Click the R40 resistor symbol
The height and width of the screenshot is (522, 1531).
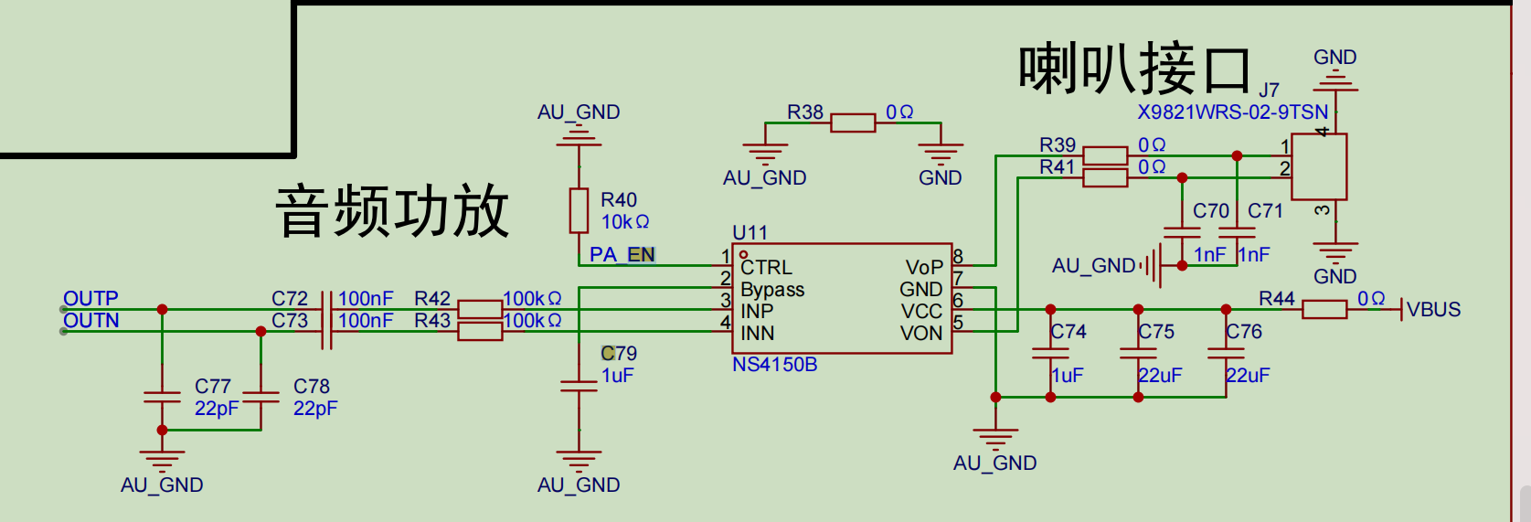[x=579, y=210]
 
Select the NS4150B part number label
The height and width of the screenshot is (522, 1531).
[x=774, y=365]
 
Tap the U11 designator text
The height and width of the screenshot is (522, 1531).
[x=750, y=232]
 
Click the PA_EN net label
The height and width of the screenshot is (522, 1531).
[x=622, y=254]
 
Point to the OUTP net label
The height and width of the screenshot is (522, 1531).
[x=90, y=298]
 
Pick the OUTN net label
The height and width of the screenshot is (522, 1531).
[x=91, y=320]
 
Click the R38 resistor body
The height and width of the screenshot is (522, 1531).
[x=853, y=123]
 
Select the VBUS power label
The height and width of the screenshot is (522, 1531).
[x=1433, y=309]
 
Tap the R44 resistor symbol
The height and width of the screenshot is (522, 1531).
[x=1324, y=309]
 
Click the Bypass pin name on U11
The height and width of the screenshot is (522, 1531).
[x=772, y=289]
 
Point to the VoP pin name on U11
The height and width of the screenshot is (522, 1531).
[x=923, y=267]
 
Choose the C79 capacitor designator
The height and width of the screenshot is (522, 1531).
[x=619, y=353]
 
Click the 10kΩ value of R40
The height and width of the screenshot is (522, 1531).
[x=624, y=221]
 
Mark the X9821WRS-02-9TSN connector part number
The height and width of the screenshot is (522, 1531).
[x=1232, y=112]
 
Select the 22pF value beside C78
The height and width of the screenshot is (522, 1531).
[x=315, y=408]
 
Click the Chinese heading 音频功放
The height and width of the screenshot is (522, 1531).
[x=392, y=210]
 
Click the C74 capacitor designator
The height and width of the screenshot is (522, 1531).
[x=1068, y=331]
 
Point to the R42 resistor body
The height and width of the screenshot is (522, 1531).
[x=480, y=309]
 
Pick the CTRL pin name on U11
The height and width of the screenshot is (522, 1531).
[x=766, y=267]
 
